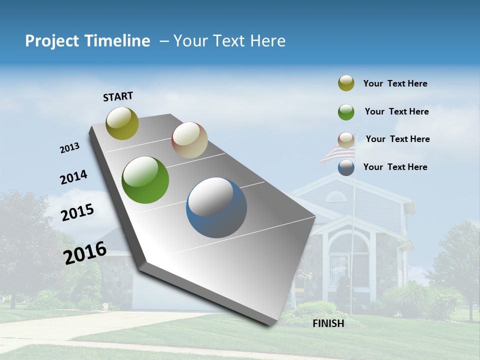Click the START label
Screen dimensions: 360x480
tap(118, 96)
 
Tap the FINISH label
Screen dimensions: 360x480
tap(328, 323)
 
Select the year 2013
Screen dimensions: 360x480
tap(70, 148)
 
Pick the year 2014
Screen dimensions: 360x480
tap(73, 177)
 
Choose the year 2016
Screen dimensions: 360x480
tap(85, 253)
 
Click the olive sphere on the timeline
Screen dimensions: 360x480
tap(122, 123)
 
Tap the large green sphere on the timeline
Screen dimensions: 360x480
tap(145, 180)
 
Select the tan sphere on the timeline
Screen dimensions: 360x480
tap(189, 140)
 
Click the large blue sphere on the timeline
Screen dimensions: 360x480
tap(216, 207)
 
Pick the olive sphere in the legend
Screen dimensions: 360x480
tap(346, 83)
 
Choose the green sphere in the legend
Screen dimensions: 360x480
tap(346, 112)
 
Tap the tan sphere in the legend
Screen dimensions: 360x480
tap(346, 140)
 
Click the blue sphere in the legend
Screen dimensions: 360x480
tap(346, 167)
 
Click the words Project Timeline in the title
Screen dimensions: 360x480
tap(87, 41)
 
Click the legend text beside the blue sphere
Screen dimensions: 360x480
tap(395, 167)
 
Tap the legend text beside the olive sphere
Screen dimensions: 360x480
tap(395, 83)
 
